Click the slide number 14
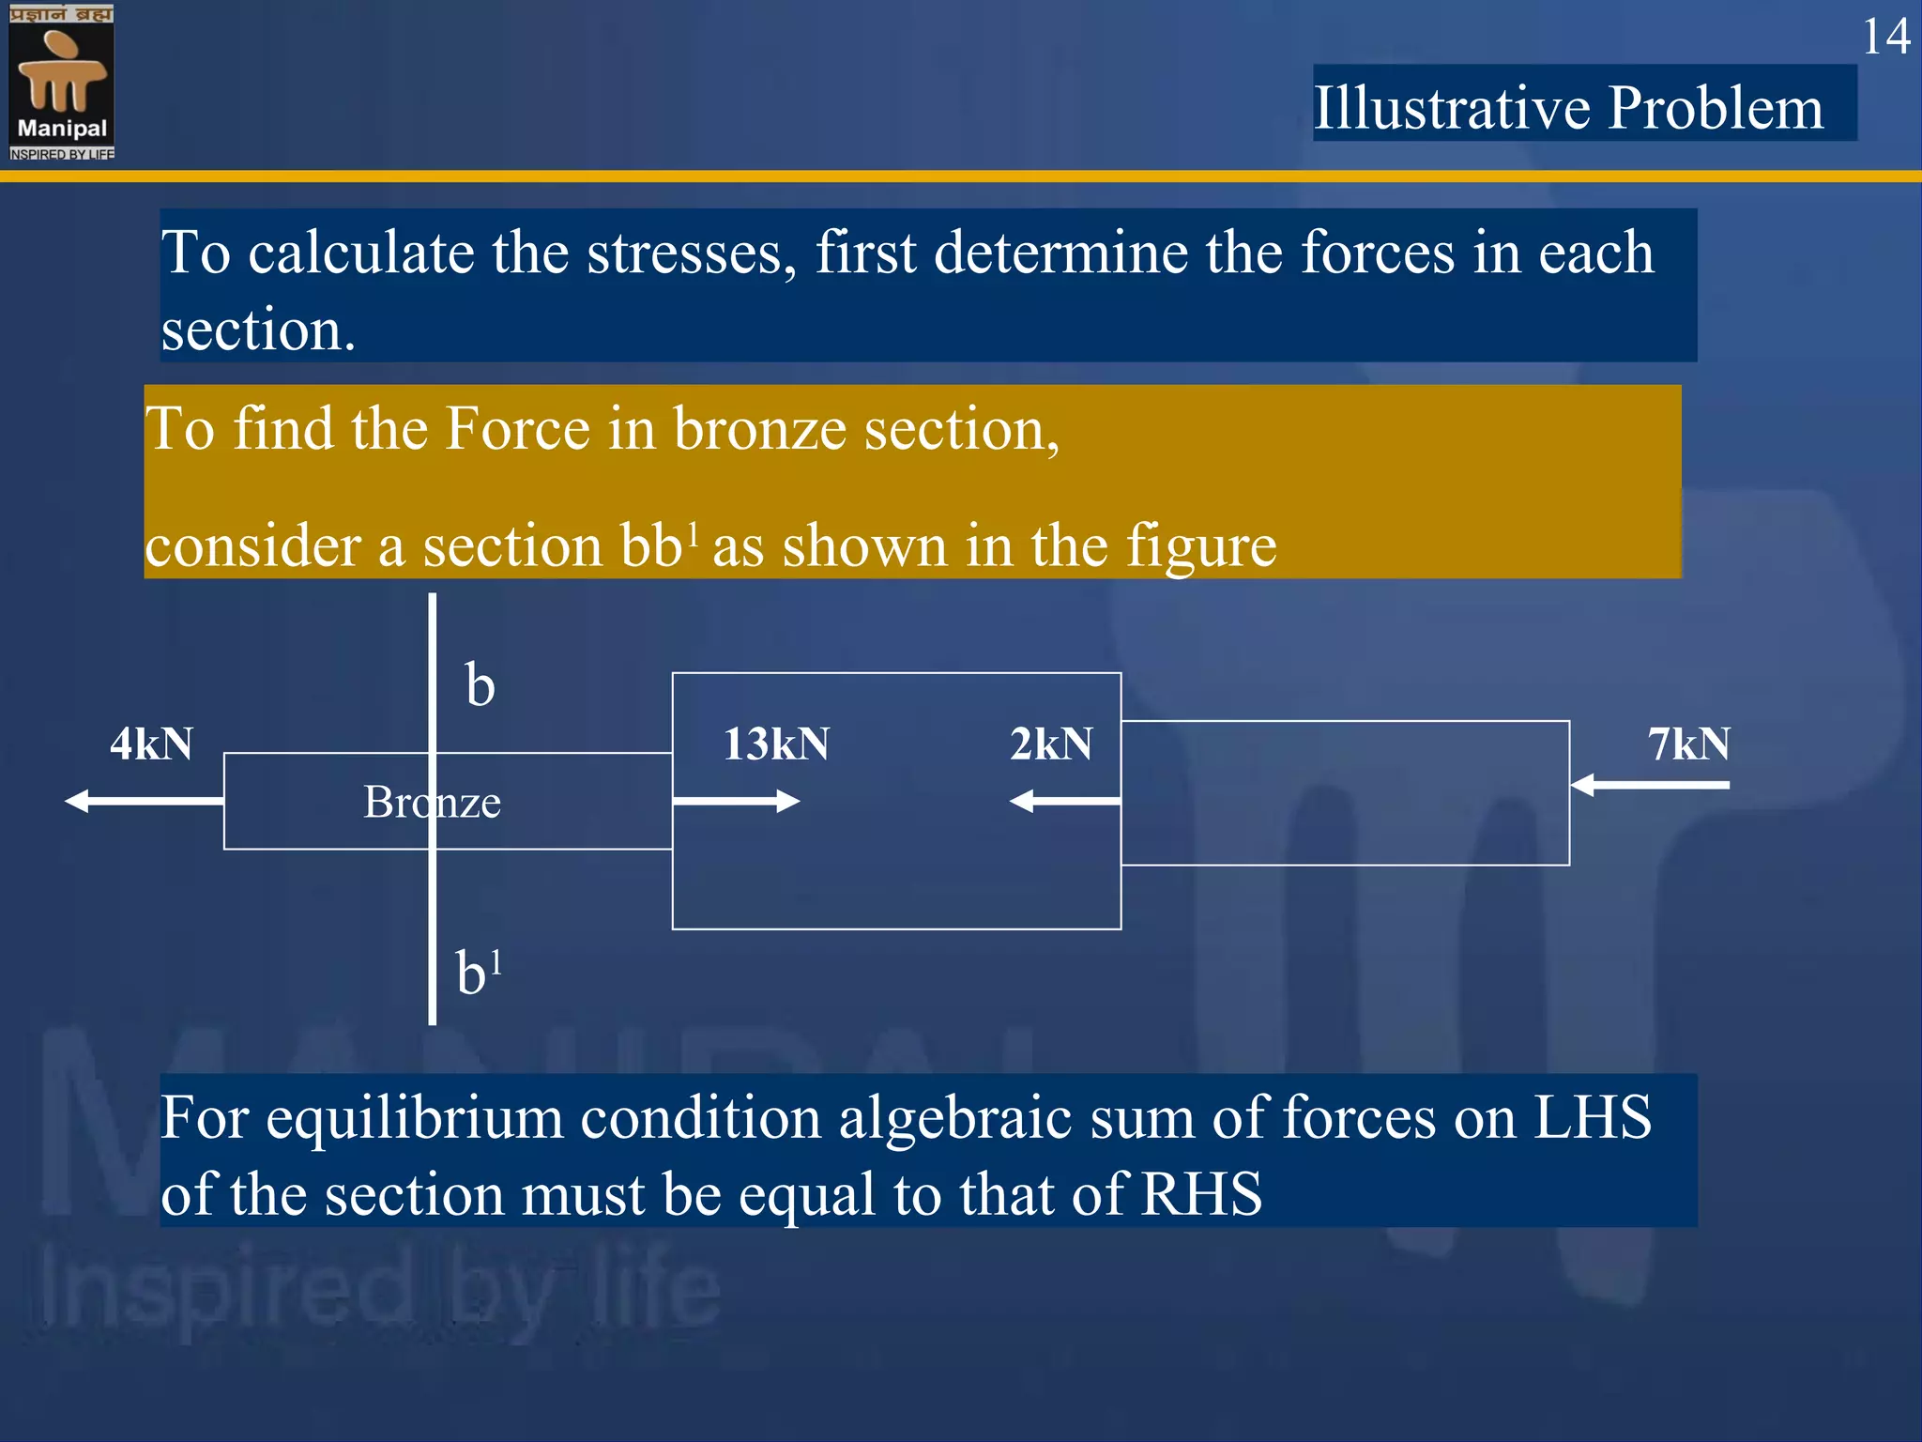point(1885,38)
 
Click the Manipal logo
point(62,82)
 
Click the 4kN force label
point(151,744)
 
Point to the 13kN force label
point(776,744)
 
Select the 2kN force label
point(1051,744)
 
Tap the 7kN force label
point(1688,744)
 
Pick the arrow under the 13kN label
point(736,801)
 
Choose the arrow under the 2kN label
point(1064,801)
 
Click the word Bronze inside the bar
point(432,803)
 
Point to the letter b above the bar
point(480,685)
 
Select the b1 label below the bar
point(478,972)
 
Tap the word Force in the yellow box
point(518,430)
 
